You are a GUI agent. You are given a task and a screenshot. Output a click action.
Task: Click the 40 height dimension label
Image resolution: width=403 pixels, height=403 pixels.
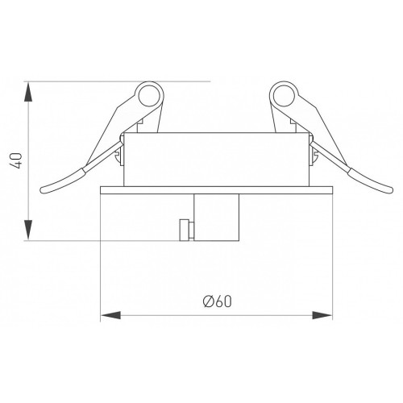click(16, 160)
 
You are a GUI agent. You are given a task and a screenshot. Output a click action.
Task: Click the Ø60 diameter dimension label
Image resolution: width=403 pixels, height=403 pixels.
click(217, 301)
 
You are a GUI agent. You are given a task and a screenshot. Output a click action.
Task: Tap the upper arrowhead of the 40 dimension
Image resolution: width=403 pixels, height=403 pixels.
click(28, 92)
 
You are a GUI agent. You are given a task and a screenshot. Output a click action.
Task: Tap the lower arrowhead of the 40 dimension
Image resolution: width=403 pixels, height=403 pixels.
click(28, 230)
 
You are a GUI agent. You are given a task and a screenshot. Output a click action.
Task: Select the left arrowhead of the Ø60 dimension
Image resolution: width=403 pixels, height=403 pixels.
click(110, 315)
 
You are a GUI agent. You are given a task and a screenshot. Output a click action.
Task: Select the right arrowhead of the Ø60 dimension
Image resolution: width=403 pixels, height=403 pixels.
click(322, 315)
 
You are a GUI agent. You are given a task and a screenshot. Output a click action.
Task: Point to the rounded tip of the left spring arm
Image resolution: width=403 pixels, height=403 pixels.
click(43, 190)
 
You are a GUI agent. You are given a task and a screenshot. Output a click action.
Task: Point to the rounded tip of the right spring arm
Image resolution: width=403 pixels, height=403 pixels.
click(390, 190)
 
